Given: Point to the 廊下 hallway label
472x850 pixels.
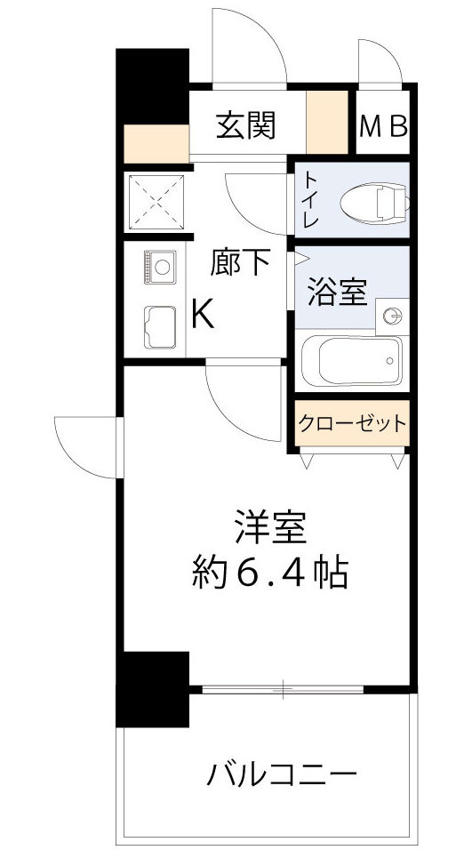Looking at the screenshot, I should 240,262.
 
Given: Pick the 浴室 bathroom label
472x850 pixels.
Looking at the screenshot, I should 337,293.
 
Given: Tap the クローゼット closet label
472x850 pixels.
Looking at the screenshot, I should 352,423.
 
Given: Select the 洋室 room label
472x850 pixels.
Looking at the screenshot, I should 270,528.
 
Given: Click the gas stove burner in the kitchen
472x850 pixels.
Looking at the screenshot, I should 161,266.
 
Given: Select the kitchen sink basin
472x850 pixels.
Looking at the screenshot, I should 160,325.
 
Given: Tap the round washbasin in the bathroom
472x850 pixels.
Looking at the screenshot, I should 392,315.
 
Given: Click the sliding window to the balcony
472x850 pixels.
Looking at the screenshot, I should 283,688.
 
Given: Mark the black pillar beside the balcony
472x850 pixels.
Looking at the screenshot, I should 153,688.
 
